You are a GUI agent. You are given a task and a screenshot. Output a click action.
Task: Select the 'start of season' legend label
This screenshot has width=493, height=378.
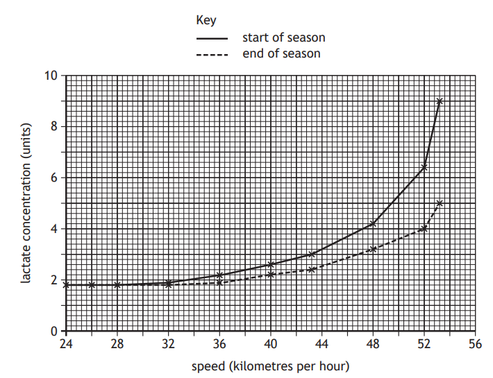[x=283, y=37]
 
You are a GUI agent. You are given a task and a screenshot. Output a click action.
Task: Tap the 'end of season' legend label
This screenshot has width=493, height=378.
[x=281, y=53]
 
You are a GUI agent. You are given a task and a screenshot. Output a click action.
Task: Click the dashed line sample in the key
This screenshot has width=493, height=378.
[x=212, y=54]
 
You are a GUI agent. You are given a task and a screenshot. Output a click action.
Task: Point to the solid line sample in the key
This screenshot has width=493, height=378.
[x=212, y=38]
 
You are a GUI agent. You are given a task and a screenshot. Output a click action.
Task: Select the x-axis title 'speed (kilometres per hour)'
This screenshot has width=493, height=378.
[x=270, y=366]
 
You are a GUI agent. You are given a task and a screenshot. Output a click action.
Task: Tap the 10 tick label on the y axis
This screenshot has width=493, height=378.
[x=51, y=75]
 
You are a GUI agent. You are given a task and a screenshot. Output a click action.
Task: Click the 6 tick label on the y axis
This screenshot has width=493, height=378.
[x=53, y=178]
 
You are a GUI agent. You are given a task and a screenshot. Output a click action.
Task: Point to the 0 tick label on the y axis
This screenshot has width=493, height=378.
[x=53, y=332]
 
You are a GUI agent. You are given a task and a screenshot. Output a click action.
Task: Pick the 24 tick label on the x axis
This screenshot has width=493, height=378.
[x=66, y=344]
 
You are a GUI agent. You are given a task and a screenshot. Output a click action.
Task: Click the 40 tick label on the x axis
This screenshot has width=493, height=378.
[x=271, y=344]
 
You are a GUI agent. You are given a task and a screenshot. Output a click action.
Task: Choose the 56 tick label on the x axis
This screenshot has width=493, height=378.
[x=476, y=344]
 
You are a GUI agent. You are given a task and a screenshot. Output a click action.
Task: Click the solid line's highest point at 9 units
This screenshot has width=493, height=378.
[x=440, y=101]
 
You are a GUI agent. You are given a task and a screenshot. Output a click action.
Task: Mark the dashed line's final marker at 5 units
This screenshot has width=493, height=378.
[x=440, y=203]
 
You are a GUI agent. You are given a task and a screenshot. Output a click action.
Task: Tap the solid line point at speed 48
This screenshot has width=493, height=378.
[x=374, y=223]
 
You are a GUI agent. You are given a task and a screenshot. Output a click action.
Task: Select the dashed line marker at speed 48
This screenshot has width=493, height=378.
[x=374, y=249]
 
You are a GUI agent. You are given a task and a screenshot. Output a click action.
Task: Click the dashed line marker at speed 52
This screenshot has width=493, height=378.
[x=424, y=229]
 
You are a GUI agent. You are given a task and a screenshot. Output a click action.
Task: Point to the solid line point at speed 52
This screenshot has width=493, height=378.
[x=424, y=167]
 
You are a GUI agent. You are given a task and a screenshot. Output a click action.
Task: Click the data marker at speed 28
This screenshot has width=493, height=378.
[x=117, y=285]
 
